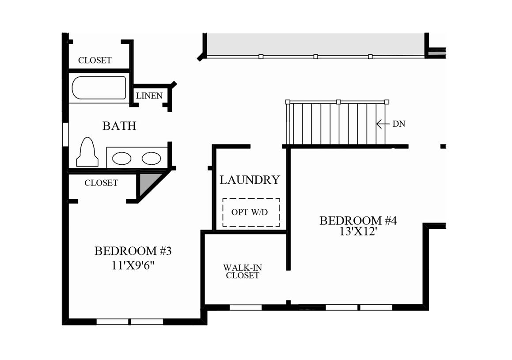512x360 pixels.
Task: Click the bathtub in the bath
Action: [99, 88]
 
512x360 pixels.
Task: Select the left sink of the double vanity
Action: [121, 158]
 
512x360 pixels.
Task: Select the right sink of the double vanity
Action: [151, 158]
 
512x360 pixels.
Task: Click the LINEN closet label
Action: [149, 96]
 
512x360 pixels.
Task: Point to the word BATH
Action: [119, 126]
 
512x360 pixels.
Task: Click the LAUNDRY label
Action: [250, 180]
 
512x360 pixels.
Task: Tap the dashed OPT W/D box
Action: [251, 212]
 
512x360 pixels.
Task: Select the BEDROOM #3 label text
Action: [133, 251]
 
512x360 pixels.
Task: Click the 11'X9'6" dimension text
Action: [133, 266]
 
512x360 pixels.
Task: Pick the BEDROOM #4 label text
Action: [358, 220]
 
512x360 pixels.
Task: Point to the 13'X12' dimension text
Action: [358, 231]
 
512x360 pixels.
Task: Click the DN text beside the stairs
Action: [398, 124]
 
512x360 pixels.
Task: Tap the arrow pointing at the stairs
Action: [381, 124]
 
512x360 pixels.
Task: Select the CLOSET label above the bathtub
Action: [95, 61]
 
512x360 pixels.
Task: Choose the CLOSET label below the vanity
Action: [101, 183]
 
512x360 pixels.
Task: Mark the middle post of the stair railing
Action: [338, 102]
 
